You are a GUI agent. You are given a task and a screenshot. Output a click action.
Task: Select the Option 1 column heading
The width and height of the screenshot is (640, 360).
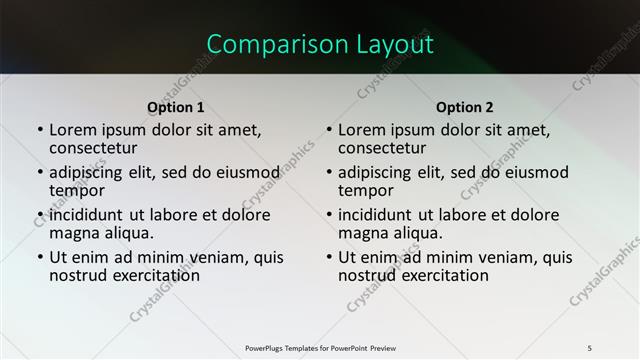point(176,107)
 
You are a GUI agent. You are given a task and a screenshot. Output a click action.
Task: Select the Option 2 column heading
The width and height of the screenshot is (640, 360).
point(465,107)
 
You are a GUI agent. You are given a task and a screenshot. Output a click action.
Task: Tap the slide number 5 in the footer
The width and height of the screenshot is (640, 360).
point(590,347)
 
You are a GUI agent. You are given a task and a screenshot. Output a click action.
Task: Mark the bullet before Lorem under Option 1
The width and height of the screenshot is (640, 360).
point(40,130)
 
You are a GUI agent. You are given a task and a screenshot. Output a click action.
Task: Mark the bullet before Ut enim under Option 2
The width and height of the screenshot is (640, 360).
point(329,257)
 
